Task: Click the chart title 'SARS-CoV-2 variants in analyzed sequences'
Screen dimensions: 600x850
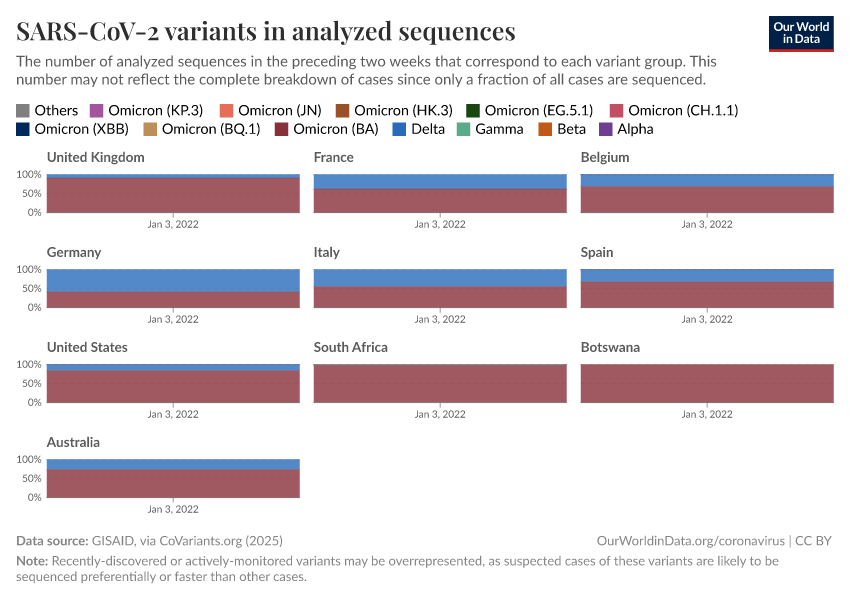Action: (x=266, y=32)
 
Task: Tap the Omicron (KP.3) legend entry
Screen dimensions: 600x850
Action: (x=146, y=110)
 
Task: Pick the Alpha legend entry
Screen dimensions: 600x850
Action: (x=627, y=129)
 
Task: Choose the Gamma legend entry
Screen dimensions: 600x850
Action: (x=490, y=129)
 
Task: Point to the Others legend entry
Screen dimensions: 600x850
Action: (x=47, y=110)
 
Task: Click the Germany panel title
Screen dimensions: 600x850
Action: (x=74, y=252)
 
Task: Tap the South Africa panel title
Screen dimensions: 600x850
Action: (x=350, y=347)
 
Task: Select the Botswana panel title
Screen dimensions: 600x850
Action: (x=610, y=347)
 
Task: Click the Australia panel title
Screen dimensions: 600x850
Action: (x=73, y=442)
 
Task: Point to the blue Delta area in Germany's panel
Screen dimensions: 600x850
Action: (x=173, y=280)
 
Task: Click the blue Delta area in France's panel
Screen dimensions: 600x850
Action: (x=440, y=181)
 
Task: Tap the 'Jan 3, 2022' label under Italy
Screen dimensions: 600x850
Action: (x=440, y=319)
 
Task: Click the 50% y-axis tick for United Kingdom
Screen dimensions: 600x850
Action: (x=30, y=193)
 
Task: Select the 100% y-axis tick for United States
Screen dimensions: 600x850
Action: (x=28, y=364)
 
